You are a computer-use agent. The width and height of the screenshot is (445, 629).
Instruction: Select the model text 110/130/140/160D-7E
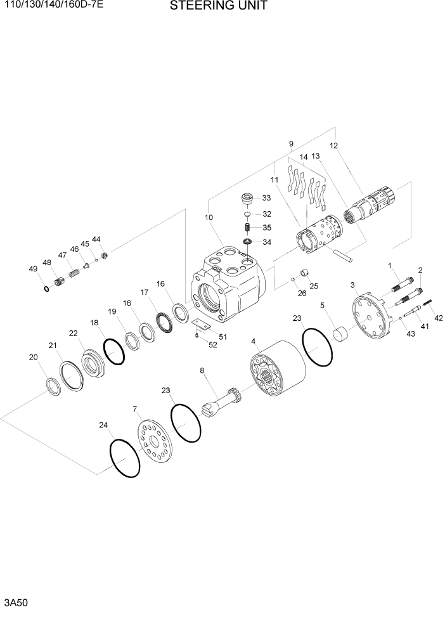(x=52, y=7)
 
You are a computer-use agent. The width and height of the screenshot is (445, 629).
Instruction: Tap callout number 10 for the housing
(x=209, y=217)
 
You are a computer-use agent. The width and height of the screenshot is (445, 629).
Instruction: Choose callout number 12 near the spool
(x=333, y=145)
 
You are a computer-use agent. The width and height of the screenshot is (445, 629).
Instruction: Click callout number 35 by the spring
(x=267, y=228)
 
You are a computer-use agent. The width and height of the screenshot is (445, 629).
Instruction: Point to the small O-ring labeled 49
(x=46, y=289)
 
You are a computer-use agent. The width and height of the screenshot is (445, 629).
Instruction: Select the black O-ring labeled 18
(x=113, y=351)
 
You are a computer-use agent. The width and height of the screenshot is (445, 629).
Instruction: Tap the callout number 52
(x=212, y=345)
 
